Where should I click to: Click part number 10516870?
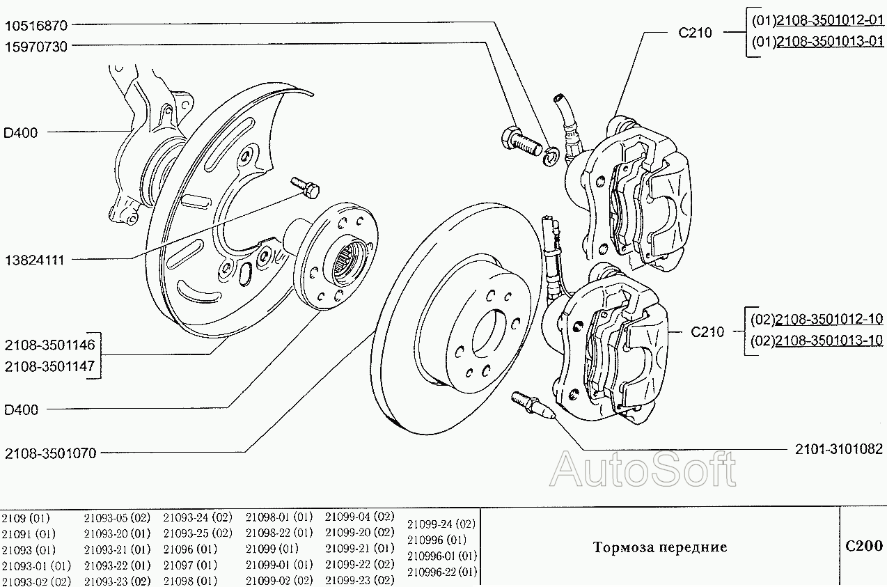pos(36,26)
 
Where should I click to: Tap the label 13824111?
pos(34,260)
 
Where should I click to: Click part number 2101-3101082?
pos(839,450)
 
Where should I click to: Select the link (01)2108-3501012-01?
pos(817,21)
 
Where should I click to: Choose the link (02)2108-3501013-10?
pos(817,341)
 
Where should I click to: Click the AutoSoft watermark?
pos(643,470)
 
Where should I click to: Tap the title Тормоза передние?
pos(660,547)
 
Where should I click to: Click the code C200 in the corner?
pos(863,547)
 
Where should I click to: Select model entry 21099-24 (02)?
pos(441,524)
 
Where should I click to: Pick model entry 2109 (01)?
pos(26,517)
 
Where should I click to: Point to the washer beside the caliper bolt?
pos(551,157)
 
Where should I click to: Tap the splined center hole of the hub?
pos(346,260)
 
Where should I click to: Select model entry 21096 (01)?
pos(190,549)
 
